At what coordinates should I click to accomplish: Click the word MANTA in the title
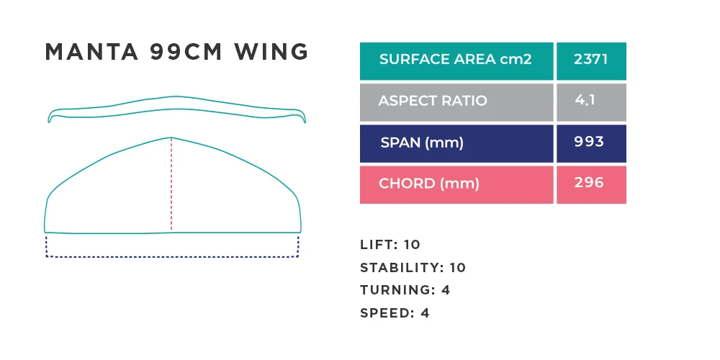click(x=91, y=51)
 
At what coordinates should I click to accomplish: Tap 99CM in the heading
click(x=186, y=51)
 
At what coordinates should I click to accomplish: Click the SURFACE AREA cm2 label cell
click(x=456, y=61)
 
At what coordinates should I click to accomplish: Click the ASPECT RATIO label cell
click(x=456, y=102)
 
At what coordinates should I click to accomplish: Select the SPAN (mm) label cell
click(x=456, y=144)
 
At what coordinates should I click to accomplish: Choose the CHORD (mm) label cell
click(x=456, y=184)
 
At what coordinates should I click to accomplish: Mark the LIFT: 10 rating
click(x=390, y=245)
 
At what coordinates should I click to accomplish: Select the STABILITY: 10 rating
click(x=413, y=268)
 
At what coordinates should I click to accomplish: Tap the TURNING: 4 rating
click(x=405, y=290)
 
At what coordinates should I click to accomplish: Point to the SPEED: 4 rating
click(x=395, y=313)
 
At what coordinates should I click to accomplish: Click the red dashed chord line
click(x=171, y=184)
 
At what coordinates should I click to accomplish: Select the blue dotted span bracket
click(x=172, y=257)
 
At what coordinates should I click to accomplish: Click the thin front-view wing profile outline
click(x=177, y=97)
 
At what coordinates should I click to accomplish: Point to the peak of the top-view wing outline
click(x=171, y=138)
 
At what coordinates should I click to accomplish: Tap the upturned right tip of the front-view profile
click(x=304, y=120)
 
